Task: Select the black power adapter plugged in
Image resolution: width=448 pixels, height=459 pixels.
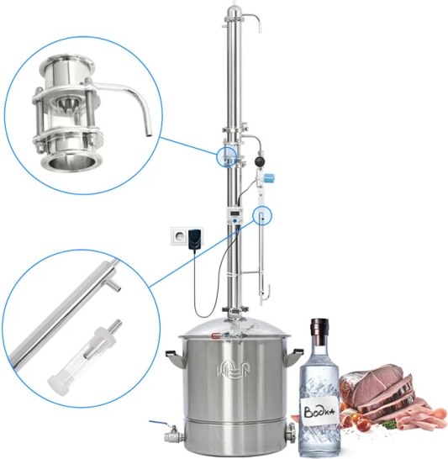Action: point(196,239)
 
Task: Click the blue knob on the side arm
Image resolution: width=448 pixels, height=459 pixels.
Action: point(270,177)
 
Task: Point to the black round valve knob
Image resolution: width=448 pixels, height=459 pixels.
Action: point(259,161)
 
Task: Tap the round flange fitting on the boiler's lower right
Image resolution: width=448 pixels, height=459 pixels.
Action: point(290,432)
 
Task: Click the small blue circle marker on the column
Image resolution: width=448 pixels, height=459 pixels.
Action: point(226,156)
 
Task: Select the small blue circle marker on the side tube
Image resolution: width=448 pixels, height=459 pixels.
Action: point(262,215)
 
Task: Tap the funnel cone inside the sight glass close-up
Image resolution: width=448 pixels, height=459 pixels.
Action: point(66,104)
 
